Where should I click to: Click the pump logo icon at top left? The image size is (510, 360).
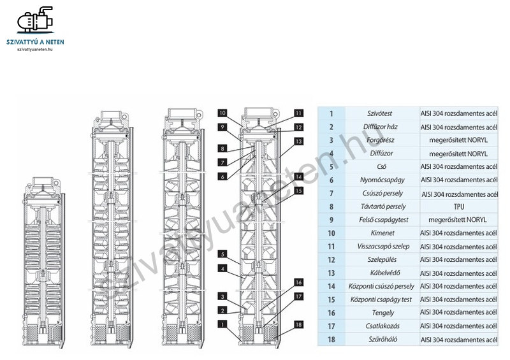point(36,20)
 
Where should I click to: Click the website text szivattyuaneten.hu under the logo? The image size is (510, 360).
point(35,50)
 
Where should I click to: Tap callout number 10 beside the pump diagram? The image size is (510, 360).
point(222,113)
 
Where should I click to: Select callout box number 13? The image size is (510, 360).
point(298,141)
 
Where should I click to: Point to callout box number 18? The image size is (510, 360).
point(298,324)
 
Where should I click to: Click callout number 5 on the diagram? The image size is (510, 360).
point(222,254)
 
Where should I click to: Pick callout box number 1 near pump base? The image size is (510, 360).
point(222,324)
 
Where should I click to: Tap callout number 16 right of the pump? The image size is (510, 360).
point(298,282)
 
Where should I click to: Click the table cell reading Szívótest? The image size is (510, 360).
point(382,113)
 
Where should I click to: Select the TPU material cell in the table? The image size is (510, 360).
point(459,206)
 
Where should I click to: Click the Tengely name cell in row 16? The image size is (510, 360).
point(382,313)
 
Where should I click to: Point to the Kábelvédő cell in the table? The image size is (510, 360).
point(382,273)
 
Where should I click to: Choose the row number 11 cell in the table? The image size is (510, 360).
point(331,247)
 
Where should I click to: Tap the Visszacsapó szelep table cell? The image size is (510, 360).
point(382,247)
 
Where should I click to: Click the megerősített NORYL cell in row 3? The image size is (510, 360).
point(459,140)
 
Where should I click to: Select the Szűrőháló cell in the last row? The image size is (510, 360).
point(382,339)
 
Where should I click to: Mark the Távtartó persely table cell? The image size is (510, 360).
point(382,206)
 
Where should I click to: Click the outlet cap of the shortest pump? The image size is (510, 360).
point(43,181)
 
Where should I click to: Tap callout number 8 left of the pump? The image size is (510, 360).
point(222,148)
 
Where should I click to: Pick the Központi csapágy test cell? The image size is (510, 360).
point(382,299)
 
